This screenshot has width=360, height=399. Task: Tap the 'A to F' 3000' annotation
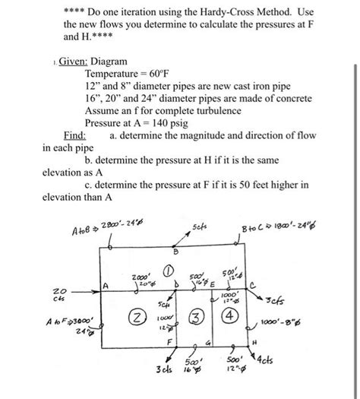65,321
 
